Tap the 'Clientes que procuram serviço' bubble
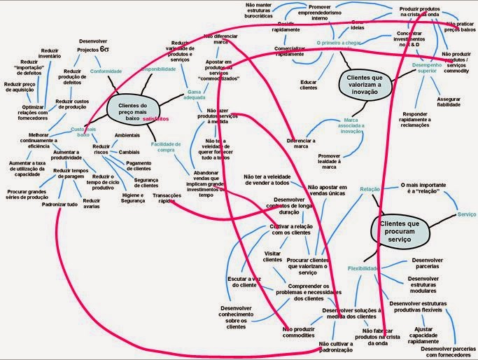click(396, 229)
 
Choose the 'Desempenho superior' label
click(428, 69)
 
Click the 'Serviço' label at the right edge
click(467, 213)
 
